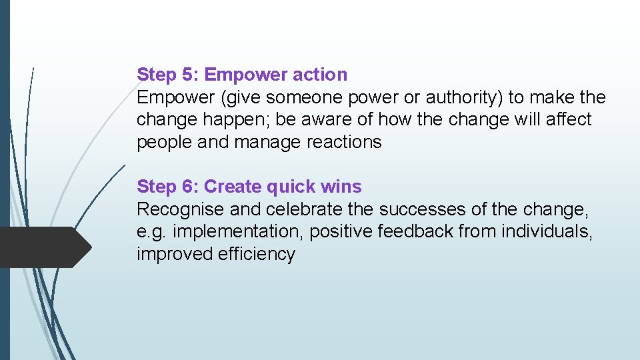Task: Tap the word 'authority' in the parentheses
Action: [x=463, y=97]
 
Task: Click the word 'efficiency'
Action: [x=256, y=254]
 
